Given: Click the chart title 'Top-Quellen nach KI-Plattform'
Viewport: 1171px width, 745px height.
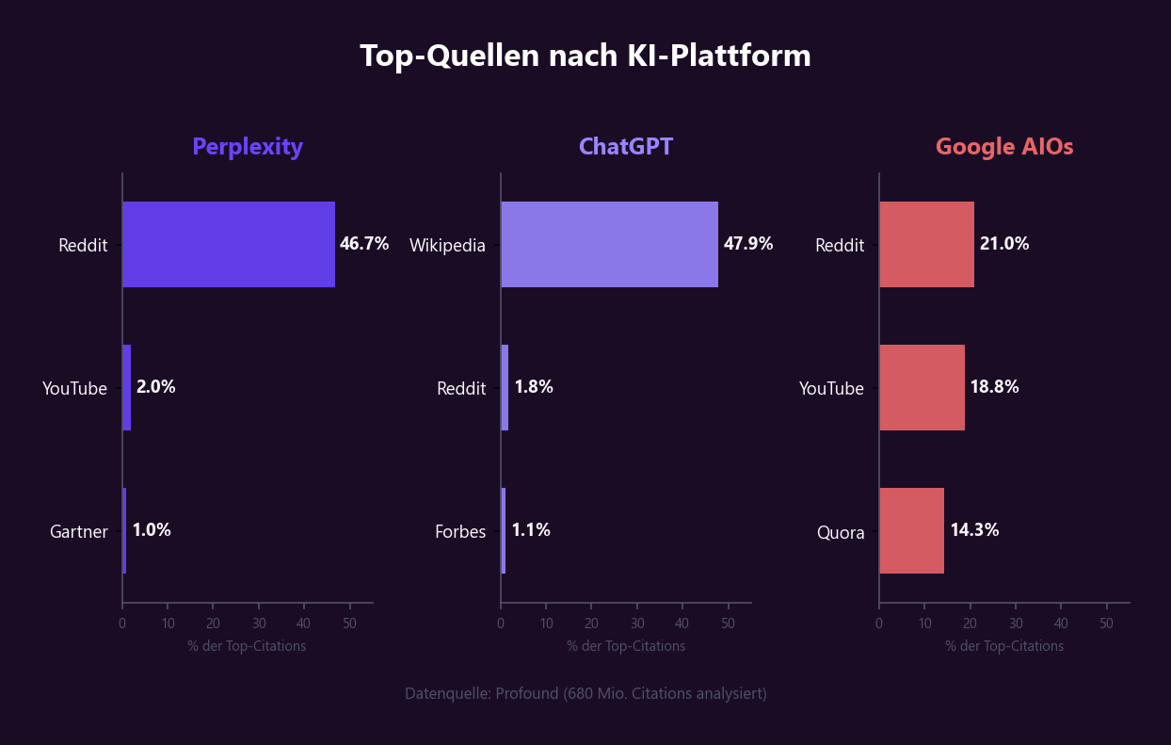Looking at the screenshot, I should pos(585,56).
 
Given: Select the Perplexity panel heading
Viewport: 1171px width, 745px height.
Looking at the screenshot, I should pos(248,147).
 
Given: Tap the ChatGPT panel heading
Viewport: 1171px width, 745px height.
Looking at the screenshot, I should pos(626,147).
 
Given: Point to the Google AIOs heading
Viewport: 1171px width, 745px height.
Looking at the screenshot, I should pos(1004,147).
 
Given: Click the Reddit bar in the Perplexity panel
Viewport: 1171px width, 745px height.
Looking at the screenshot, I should pos(229,244).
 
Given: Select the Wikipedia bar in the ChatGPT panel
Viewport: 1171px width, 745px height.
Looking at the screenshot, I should pos(609,244).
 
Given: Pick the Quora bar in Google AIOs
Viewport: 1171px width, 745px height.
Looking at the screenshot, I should pos(911,530).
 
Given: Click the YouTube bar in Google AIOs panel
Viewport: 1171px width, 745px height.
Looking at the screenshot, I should pos(922,387).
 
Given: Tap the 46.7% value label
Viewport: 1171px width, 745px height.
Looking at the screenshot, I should pos(364,244).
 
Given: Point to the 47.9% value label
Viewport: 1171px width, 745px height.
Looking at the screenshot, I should pos(748,244).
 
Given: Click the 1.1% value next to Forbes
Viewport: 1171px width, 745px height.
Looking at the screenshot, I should pos(531,530).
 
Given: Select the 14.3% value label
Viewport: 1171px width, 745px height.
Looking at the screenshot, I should pos(974,530).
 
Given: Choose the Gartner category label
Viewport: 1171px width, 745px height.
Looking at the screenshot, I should pos(79,532).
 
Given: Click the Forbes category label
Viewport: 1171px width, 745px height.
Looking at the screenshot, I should pos(460,532).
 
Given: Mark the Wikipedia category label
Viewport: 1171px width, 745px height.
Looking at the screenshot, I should pos(447,246).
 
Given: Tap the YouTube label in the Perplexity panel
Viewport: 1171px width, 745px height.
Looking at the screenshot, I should pos(75,389).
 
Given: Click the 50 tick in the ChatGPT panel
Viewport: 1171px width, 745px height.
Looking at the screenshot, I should pos(728,624).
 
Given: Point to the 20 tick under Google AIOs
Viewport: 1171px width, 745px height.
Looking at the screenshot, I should pos(970,624).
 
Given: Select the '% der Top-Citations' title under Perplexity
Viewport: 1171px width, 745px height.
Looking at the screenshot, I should pos(247,646).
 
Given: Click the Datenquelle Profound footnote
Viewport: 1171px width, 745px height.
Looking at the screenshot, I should pos(585,693).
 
